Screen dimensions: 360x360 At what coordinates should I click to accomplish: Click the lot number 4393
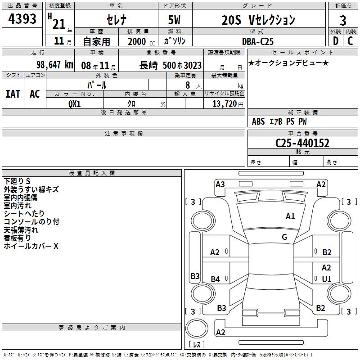[22, 19]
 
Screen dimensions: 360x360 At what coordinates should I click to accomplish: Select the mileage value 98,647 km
[55, 65]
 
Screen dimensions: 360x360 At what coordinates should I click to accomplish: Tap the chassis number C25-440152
[302, 143]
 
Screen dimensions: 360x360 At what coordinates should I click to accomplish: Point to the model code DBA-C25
[258, 41]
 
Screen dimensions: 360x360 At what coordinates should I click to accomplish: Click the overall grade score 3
[343, 21]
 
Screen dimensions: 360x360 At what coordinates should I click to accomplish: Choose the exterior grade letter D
[336, 41]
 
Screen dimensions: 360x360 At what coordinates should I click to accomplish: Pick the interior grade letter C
[350, 41]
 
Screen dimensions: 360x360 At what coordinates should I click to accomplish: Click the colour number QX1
[74, 104]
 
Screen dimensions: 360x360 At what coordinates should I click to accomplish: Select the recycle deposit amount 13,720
[224, 104]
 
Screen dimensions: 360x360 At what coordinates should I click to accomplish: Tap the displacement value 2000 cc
[141, 41]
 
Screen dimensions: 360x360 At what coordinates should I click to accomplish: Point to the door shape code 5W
[174, 20]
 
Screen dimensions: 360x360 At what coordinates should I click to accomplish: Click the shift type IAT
[13, 94]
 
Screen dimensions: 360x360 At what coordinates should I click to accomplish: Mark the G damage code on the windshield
[284, 237]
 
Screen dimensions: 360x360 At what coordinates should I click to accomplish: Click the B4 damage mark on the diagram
[215, 279]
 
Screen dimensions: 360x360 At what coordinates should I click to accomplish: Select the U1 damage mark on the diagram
[327, 279]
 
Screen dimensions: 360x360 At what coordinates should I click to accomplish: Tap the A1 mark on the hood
[290, 216]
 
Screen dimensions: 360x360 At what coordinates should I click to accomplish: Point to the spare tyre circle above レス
[197, 328]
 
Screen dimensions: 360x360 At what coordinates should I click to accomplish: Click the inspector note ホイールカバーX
[31, 246]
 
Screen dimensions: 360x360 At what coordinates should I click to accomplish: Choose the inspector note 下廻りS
[17, 181]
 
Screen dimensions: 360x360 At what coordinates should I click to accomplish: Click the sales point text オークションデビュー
[288, 63]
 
